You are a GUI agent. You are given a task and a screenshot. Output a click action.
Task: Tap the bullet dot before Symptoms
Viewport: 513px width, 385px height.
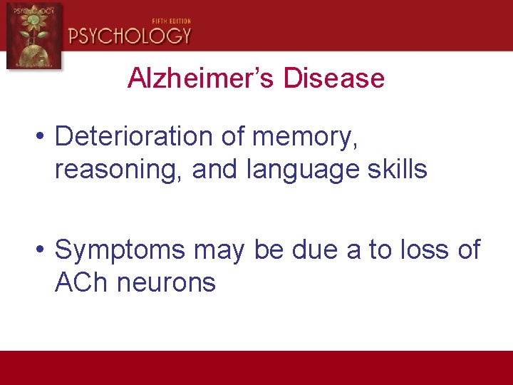(44, 250)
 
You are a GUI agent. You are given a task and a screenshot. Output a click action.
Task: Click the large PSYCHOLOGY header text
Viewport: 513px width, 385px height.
(130, 36)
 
